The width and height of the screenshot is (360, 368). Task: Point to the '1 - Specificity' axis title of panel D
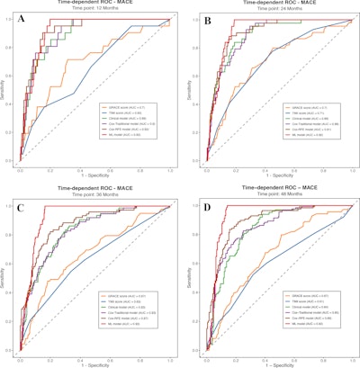pos(276,364)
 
